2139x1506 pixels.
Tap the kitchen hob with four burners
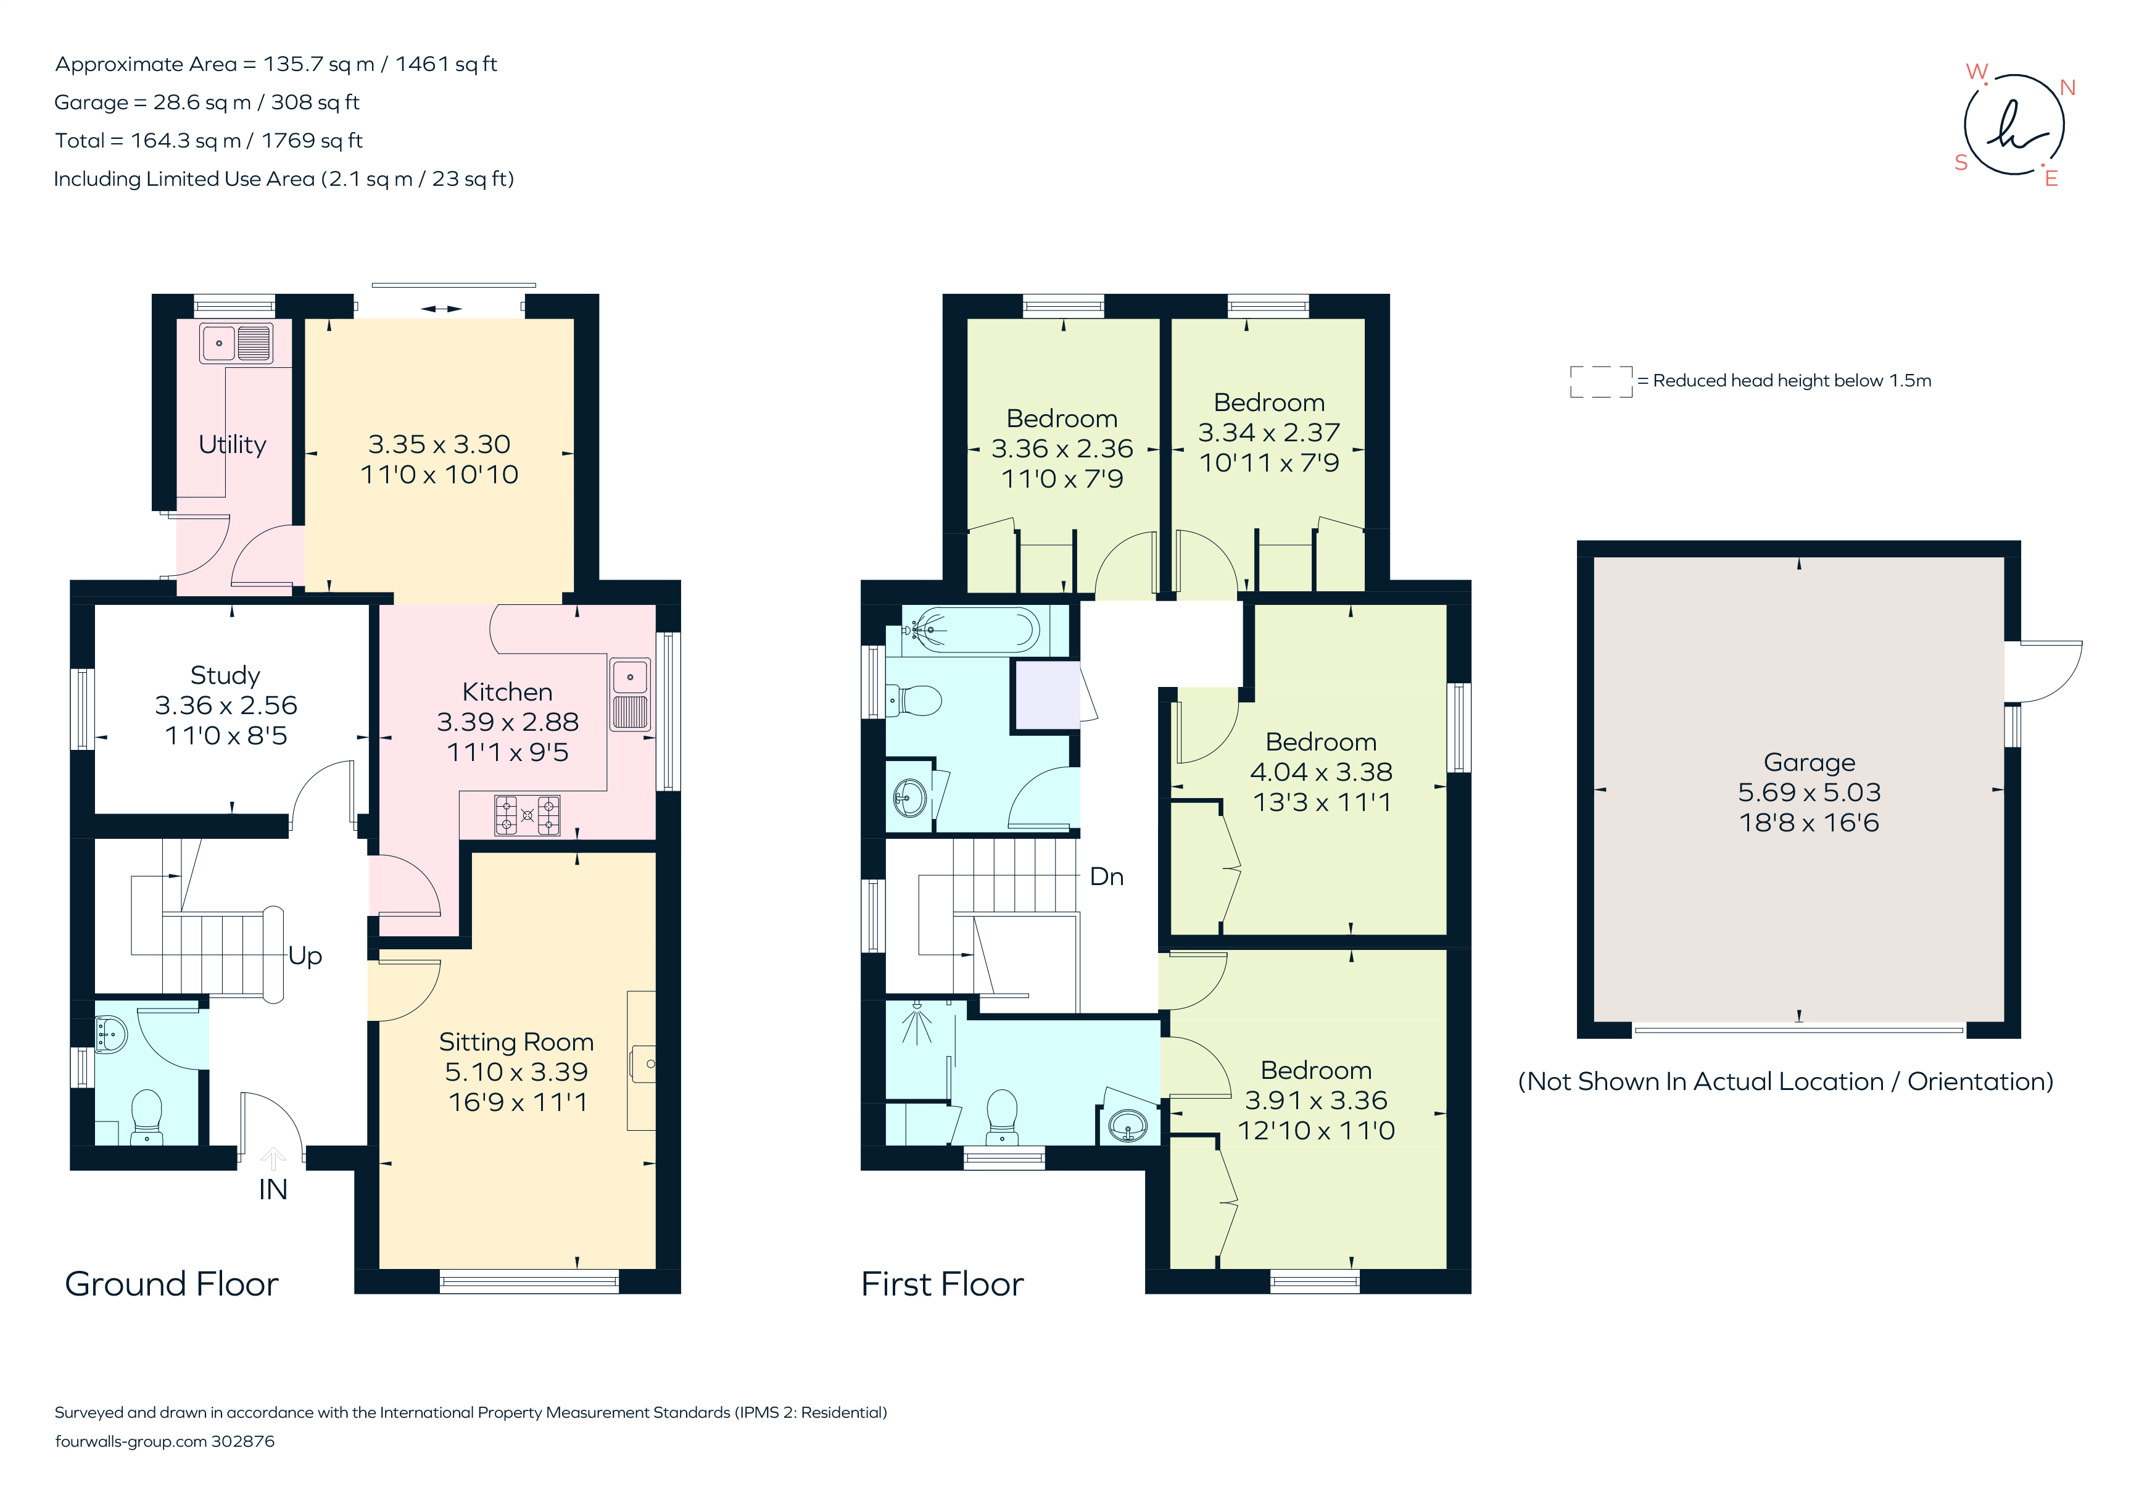tap(528, 815)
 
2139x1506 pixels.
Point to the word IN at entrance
tap(273, 1190)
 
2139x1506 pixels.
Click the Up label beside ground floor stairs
tap(305, 956)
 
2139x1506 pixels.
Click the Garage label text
tap(1809, 762)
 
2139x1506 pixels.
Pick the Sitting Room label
tap(516, 1042)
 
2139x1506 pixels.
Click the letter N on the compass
tap(2067, 88)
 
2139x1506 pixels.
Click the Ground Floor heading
tap(172, 1284)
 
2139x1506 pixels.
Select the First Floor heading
tap(942, 1284)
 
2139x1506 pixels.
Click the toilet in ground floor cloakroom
tap(146, 1115)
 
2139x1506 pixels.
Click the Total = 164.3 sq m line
tap(209, 141)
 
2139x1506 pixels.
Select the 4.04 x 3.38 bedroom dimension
tap(1320, 773)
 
